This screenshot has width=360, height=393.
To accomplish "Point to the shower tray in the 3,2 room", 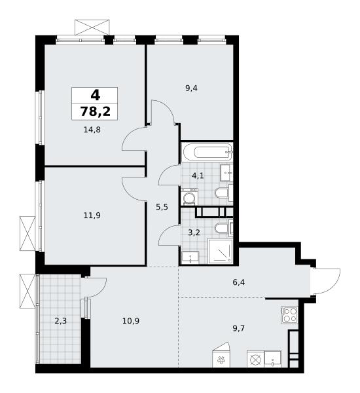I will pos(220,252).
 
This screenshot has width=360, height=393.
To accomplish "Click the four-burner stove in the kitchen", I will pos(289,314).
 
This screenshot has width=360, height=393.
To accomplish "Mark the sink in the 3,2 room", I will pos(192,256).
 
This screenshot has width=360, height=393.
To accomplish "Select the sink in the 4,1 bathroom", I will pos(226,173).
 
